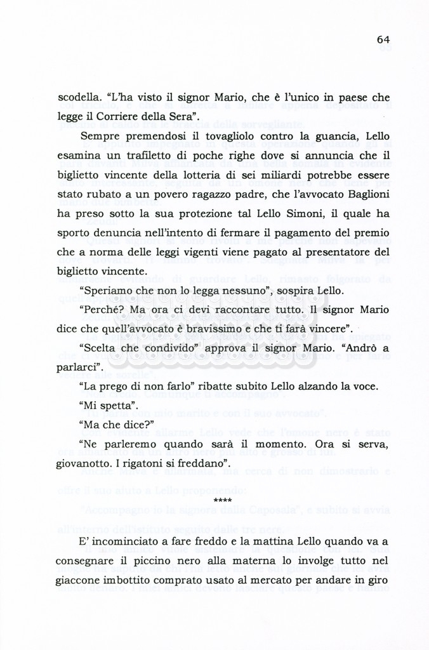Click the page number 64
[383, 39]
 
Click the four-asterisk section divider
[223, 501]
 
